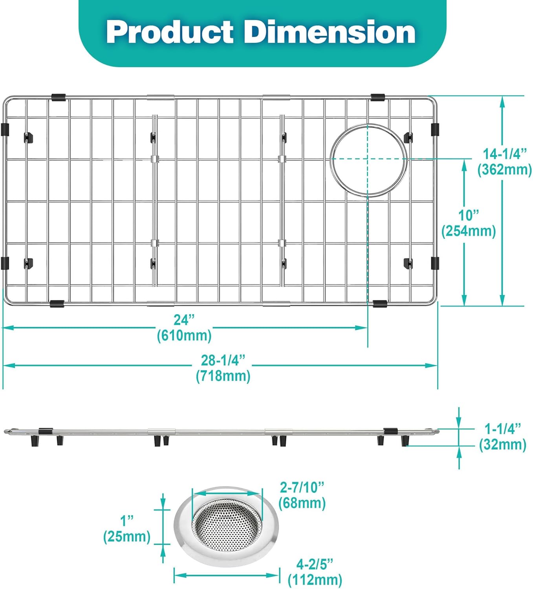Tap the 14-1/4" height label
504,154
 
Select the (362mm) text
504,170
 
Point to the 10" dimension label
469,215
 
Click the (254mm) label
469,231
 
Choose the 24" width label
184,320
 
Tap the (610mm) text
184,336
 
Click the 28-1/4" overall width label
223,360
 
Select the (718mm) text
223,376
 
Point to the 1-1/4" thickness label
502,428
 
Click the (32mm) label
502,444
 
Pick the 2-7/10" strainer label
302,487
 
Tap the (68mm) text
302,503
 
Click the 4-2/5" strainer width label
315,564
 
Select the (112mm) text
315,580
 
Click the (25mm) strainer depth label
127,536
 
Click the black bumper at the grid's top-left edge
58,97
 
